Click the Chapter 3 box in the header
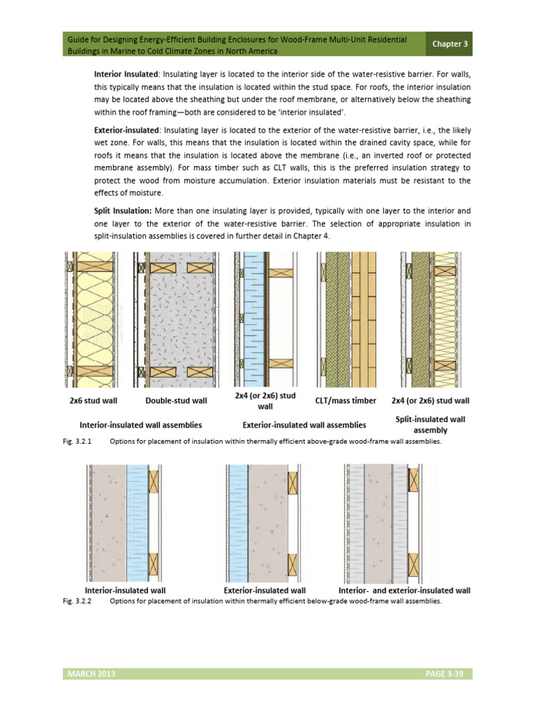coord(451,44)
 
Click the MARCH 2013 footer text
coord(88,674)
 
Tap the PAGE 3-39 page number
coord(445,674)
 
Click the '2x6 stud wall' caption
coord(93,400)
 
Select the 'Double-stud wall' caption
coord(176,400)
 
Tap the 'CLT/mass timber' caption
coord(350,400)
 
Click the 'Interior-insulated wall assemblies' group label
coord(141,424)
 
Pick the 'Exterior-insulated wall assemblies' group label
coord(304,424)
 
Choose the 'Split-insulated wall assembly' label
coord(430,424)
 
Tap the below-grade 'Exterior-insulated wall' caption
coord(265,590)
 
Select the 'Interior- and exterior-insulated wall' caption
coord(404,590)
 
